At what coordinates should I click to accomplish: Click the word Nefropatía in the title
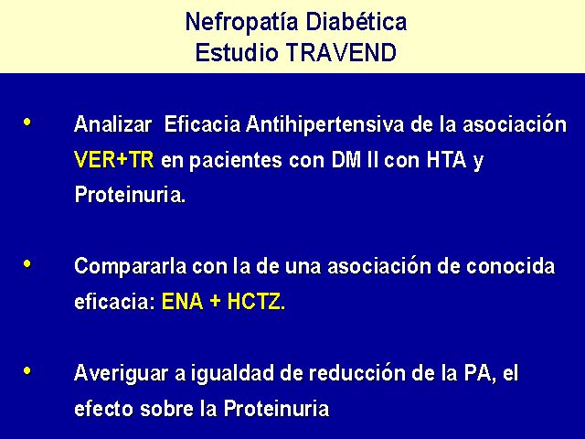click(x=241, y=22)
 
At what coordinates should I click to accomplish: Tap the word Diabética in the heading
click(x=356, y=22)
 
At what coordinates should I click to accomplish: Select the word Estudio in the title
click(x=237, y=52)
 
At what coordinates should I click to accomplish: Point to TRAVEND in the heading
click(x=341, y=52)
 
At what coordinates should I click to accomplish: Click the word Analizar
click(x=113, y=123)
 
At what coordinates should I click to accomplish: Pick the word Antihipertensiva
click(x=324, y=123)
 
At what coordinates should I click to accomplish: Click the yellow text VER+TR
click(x=114, y=160)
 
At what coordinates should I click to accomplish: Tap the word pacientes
click(x=235, y=161)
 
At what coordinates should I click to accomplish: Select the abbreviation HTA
click(x=447, y=160)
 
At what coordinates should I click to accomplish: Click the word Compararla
click(x=130, y=266)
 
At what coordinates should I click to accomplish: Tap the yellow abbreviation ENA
click(x=183, y=301)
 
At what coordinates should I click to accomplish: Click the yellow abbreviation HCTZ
click(x=254, y=301)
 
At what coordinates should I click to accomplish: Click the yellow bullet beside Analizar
click(x=27, y=122)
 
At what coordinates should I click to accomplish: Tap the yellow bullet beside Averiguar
click(x=27, y=371)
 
